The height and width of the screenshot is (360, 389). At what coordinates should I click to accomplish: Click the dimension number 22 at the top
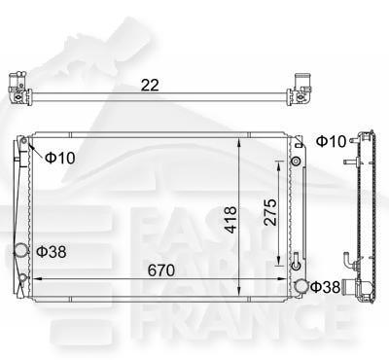click(x=149, y=86)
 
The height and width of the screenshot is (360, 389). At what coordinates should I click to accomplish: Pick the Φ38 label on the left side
click(x=52, y=252)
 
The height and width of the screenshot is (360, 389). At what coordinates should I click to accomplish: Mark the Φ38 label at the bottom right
click(x=328, y=287)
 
